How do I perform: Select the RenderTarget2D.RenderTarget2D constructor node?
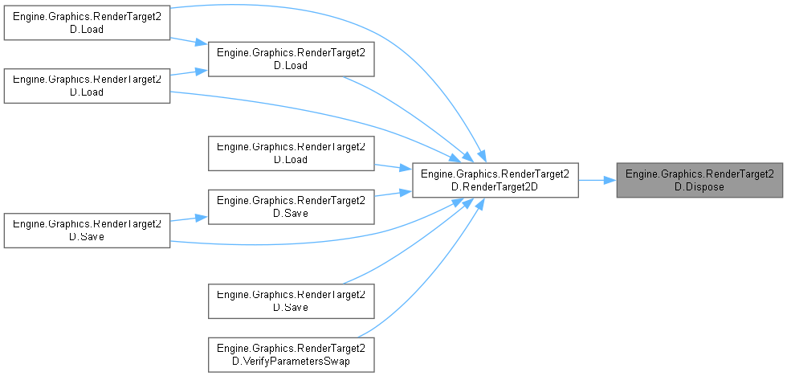(495, 180)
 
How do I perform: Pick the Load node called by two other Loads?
(291, 59)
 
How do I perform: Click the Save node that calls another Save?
(87, 231)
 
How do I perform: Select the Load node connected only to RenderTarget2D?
(291, 153)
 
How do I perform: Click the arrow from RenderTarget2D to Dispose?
(596, 180)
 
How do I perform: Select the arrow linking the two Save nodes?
(189, 219)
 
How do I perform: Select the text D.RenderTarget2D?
(495, 186)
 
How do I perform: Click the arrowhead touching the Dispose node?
(610, 180)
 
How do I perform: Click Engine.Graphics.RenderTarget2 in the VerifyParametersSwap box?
(291, 347)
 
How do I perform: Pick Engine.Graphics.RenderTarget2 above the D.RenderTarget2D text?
(495, 174)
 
